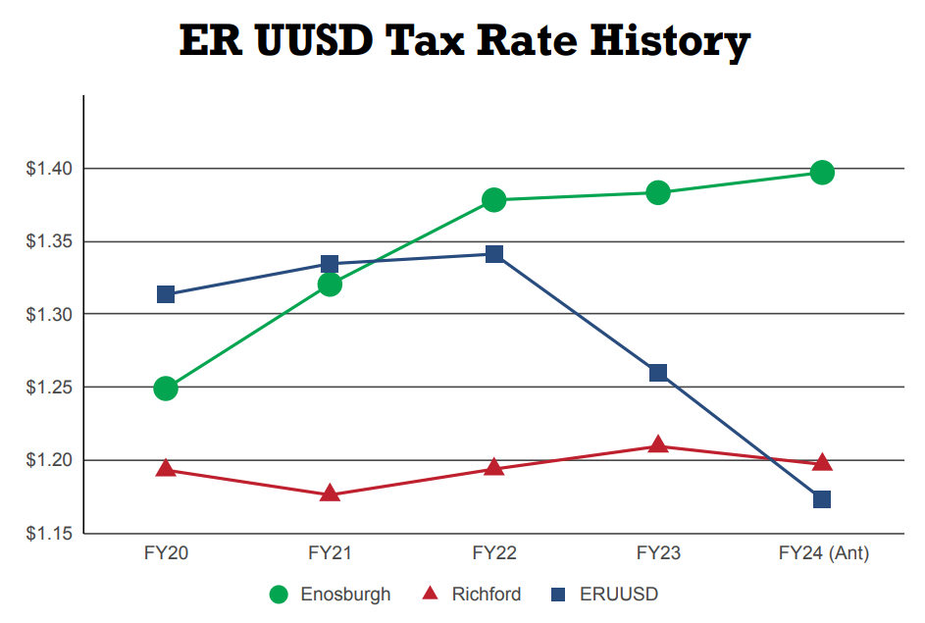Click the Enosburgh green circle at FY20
pos(166,388)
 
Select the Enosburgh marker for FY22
pos(494,200)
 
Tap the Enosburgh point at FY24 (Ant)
pos(822,173)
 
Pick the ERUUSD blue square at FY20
pos(166,294)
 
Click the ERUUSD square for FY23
pos(658,372)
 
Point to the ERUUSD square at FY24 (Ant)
pos(822,499)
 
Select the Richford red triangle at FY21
pos(330,493)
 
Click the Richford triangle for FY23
pos(658,445)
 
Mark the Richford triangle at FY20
pos(166,470)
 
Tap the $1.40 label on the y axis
pos(48,169)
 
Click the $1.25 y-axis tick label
pos(48,388)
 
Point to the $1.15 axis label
pos(48,534)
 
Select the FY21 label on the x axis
pos(330,553)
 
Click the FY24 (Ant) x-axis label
pos(823,553)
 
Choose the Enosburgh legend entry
pos(331,594)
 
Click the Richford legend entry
pos(472,594)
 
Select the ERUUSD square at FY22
pos(494,254)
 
